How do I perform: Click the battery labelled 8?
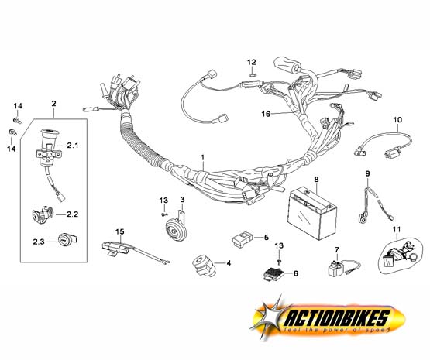[x=312, y=213]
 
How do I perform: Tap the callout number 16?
[x=266, y=114]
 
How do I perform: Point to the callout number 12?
[x=252, y=62]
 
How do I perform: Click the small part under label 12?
[x=253, y=74]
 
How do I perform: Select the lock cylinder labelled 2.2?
[x=42, y=214]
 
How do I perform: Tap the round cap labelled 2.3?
[x=67, y=240]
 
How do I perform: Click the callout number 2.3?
[x=39, y=242]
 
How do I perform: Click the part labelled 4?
[x=203, y=266]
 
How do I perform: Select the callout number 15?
[x=119, y=231]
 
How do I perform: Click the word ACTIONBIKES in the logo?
[x=337, y=318]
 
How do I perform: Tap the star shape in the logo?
[x=271, y=317]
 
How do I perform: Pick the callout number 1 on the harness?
[x=202, y=157]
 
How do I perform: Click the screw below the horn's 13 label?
[x=164, y=214]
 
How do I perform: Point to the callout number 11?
[x=397, y=229]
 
